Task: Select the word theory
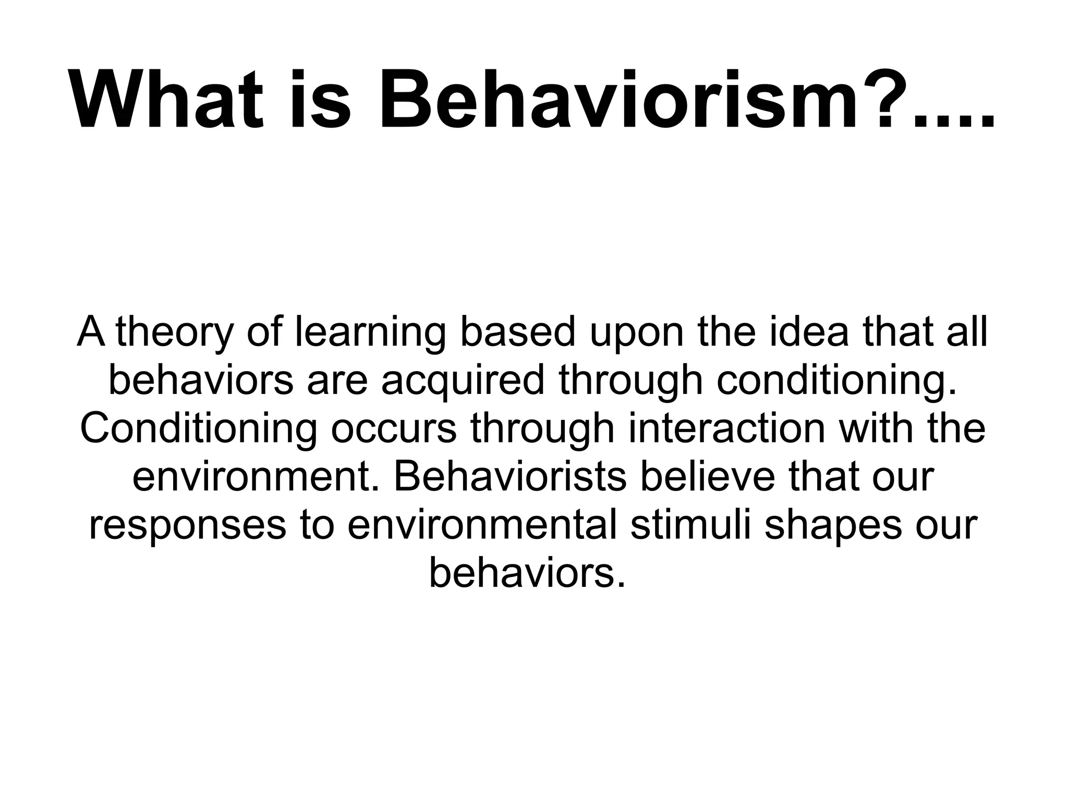coord(175,333)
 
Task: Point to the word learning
coord(370,333)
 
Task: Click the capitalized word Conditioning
coord(198,429)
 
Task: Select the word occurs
coord(394,429)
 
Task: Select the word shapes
coord(833,525)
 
